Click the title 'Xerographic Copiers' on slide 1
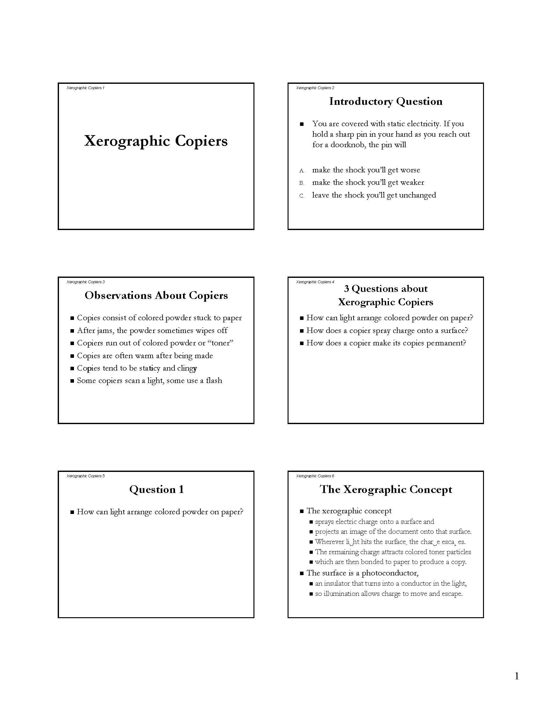pos(156,141)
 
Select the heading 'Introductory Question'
pos(386,101)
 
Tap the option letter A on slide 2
pos(301,170)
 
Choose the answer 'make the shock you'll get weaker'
pos(368,182)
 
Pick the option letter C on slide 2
pos(301,196)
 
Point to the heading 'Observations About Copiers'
pos(156,295)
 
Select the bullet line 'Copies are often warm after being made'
pos(145,356)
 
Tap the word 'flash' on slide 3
pos(214,381)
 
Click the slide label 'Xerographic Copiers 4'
pos(315,282)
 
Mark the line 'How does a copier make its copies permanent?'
pos(386,343)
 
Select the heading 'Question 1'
pos(156,489)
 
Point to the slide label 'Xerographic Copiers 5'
pos(85,476)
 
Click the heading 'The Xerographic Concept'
pos(386,489)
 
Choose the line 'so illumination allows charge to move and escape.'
pos(389,594)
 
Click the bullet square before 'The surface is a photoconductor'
pos(302,573)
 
